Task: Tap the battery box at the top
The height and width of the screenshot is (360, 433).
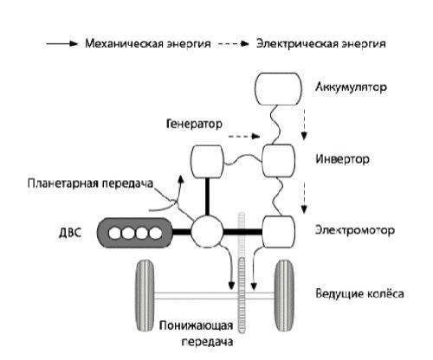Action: (276, 88)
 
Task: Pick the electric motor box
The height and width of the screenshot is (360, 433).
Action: (279, 231)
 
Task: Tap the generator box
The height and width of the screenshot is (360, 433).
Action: (207, 161)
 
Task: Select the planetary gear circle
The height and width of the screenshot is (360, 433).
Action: (207, 232)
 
